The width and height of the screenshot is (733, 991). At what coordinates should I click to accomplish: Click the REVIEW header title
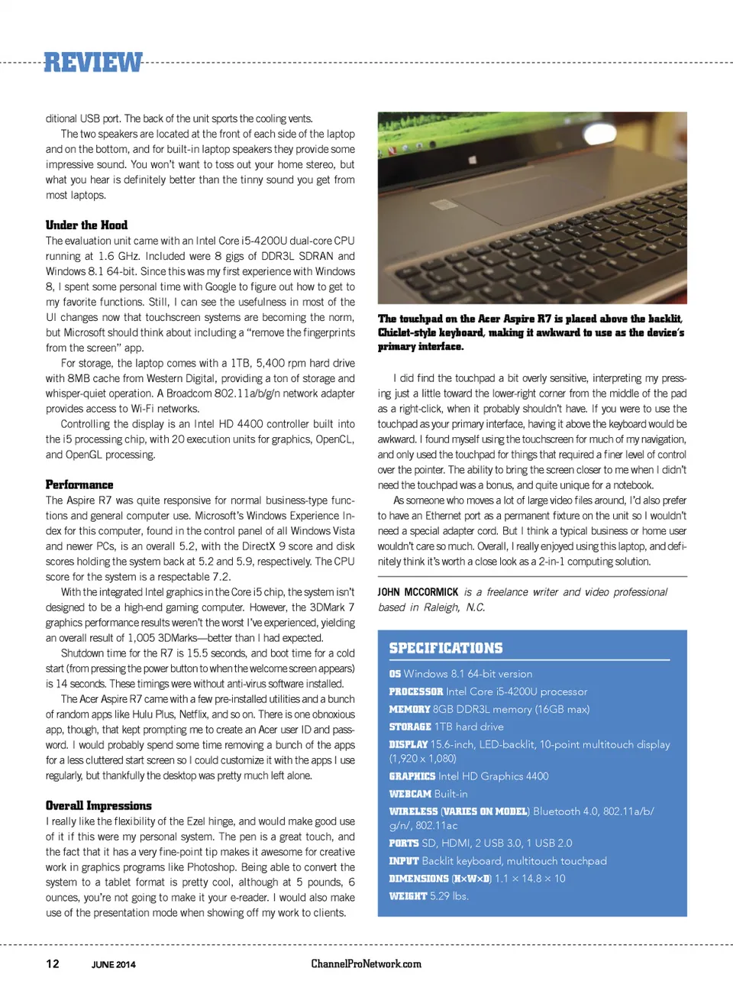tap(93, 63)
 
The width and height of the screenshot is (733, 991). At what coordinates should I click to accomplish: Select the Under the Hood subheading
tap(86, 225)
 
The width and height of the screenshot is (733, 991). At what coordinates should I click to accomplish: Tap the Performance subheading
tap(79, 484)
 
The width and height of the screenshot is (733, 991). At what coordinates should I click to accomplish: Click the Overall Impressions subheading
tap(98, 805)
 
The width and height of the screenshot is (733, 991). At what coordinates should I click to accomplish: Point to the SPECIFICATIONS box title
tap(446, 648)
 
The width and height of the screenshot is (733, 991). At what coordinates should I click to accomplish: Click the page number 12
tap(53, 963)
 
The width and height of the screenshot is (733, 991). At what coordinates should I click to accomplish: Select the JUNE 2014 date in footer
tap(114, 964)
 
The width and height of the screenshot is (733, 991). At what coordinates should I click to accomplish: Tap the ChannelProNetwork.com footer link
tap(366, 963)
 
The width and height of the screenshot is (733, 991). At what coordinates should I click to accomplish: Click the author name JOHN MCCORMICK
tap(418, 592)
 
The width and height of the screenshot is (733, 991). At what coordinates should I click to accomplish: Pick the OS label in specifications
tap(395, 674)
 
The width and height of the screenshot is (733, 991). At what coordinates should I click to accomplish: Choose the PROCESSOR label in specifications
tap(415, 691)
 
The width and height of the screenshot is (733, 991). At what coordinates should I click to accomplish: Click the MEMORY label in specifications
tap(409, 709)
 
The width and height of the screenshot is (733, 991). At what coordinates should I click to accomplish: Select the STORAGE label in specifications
tap(410, 727)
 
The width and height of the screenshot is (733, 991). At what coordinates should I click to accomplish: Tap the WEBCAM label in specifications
tap(410, 794)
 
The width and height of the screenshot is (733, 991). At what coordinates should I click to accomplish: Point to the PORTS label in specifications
tap(404, 844)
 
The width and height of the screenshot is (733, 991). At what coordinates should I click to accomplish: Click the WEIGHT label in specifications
tap(408, 896)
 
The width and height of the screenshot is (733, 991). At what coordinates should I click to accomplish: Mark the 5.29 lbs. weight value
tap(449, 896)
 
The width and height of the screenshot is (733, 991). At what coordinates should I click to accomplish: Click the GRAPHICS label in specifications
tap(412, 776)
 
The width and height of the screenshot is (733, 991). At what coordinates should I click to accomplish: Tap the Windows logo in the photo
tap(472, 160)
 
